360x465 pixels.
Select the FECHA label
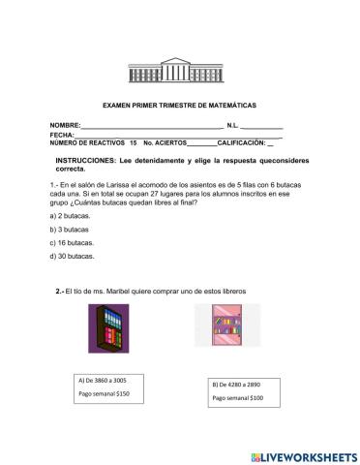click(62, 135)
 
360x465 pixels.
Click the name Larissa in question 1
click(131, 184)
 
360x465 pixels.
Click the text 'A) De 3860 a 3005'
click(102, 380)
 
